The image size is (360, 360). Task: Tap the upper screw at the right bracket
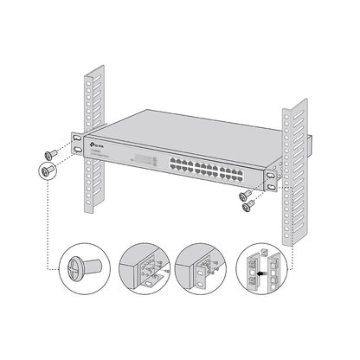247,192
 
